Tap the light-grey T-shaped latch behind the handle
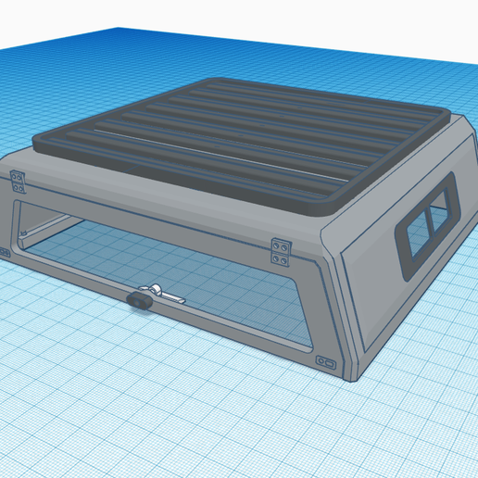[x=157, y=292]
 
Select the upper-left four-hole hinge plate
[x=18, y=180]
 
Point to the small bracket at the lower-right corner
[x=325, y=360]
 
